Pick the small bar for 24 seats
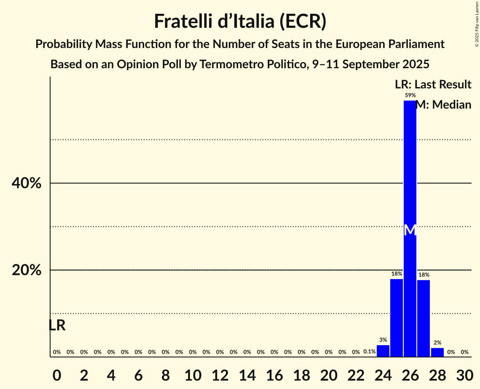(383, 351)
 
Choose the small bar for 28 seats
(437, 352)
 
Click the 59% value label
(410, 96)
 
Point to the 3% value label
(383, 340)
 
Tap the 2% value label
(437, 343)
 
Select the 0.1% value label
(369, 352)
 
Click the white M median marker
(410, 230)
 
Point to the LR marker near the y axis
(57, 325)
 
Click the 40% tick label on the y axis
(27, 184)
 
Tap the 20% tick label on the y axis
(27, 270)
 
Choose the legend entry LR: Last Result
(433, 85)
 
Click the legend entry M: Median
(443, 105)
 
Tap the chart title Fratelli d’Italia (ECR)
(240, 21)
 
